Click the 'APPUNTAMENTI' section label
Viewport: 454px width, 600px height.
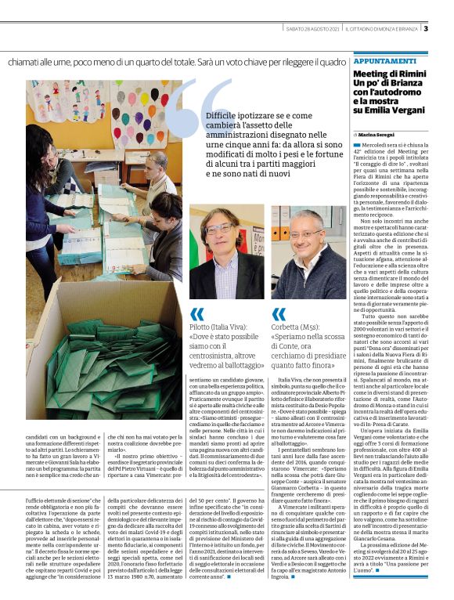(384, 61)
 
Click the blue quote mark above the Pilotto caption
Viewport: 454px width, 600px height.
(197, 314)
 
